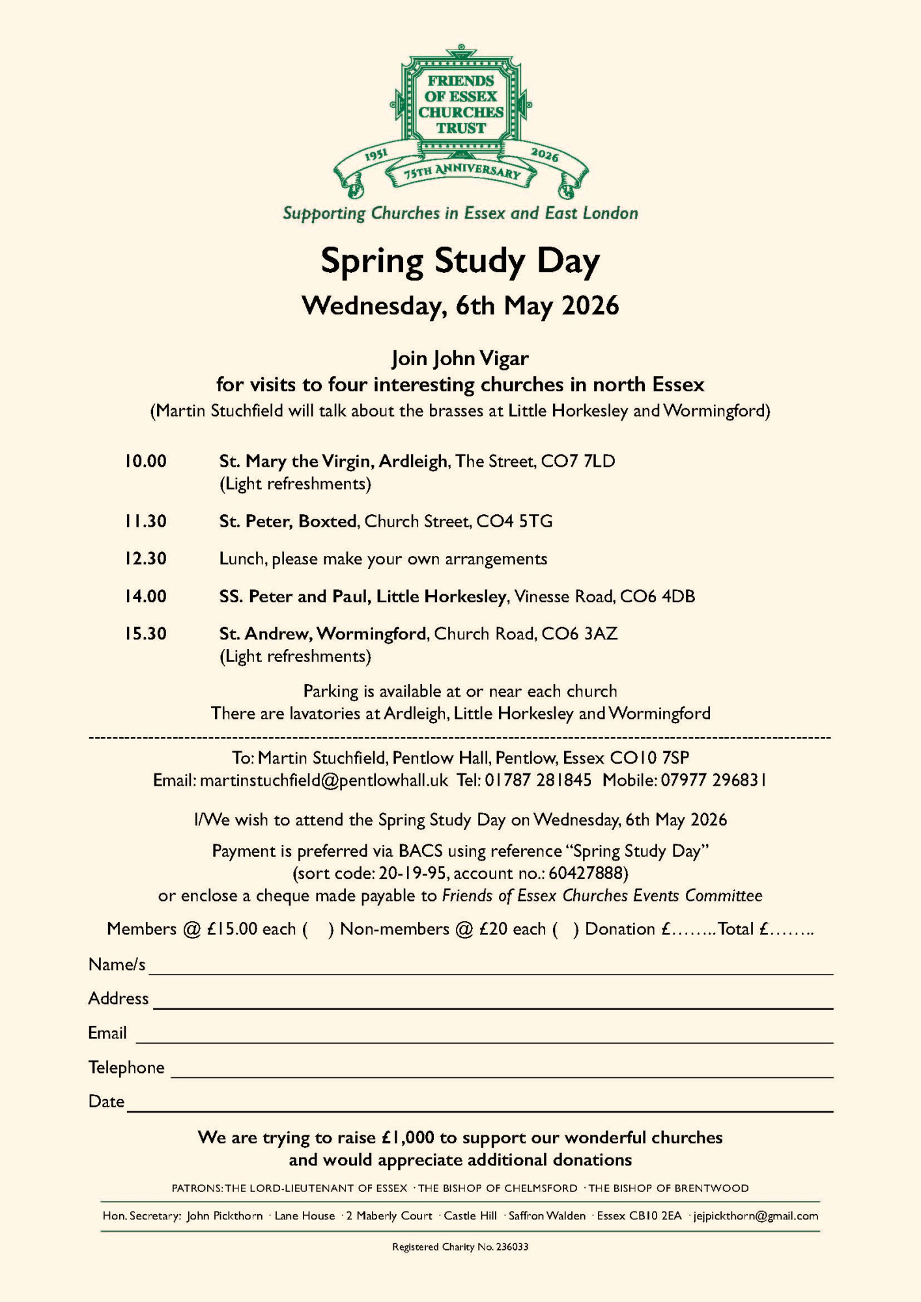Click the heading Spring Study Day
coord(460,261)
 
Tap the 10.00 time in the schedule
coord(146,462)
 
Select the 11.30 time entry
coord(146,521)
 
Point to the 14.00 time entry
coord(146,596)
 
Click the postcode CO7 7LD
coord(578,462)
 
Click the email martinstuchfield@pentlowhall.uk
coord(324,780)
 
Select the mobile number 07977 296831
coord(713,780)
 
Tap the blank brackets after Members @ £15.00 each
coord(318,929)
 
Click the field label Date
coord(106,1101)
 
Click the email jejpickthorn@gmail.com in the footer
coord(756,1215)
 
